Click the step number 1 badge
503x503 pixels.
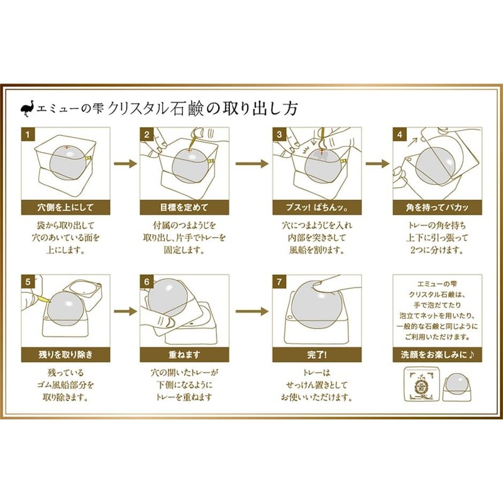[28, 134]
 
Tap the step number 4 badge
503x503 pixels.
[398, 134]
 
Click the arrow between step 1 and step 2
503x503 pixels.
[124, 163]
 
